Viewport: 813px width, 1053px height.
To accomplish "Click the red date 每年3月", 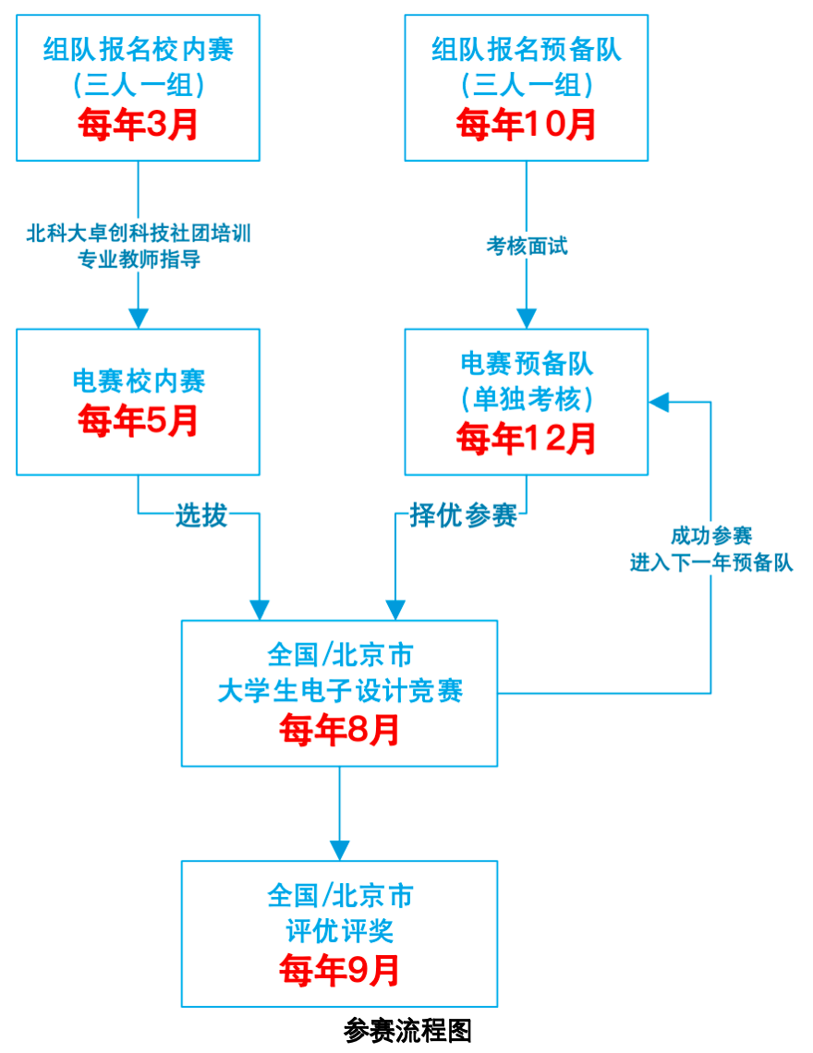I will (139, 125).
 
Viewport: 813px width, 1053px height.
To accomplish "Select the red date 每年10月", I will (527, 125).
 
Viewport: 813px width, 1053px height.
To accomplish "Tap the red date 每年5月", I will (139, 420).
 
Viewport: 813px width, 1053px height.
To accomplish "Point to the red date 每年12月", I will (527, 439).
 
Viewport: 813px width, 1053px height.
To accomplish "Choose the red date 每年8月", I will (339, 730).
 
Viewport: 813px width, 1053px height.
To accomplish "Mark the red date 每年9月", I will (339, 970).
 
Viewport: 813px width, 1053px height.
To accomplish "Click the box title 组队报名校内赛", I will (139, 48).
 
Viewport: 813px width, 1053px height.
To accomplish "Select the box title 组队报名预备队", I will (527, 48).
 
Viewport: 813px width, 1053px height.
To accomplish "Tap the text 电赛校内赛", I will (139, 381).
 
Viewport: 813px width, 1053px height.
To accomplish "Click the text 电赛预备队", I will (527, 362).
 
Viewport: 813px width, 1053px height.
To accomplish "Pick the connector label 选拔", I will (201, 515).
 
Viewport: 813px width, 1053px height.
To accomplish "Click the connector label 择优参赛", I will (463, 515).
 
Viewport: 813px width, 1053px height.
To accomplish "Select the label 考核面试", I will (527, 246).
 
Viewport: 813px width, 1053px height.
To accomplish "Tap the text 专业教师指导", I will (139, 260).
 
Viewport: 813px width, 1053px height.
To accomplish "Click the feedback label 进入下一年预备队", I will (711, 563).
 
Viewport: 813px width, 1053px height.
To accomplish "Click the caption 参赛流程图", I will (407, 1031).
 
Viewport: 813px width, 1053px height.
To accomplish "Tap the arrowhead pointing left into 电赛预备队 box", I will (658, 402).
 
